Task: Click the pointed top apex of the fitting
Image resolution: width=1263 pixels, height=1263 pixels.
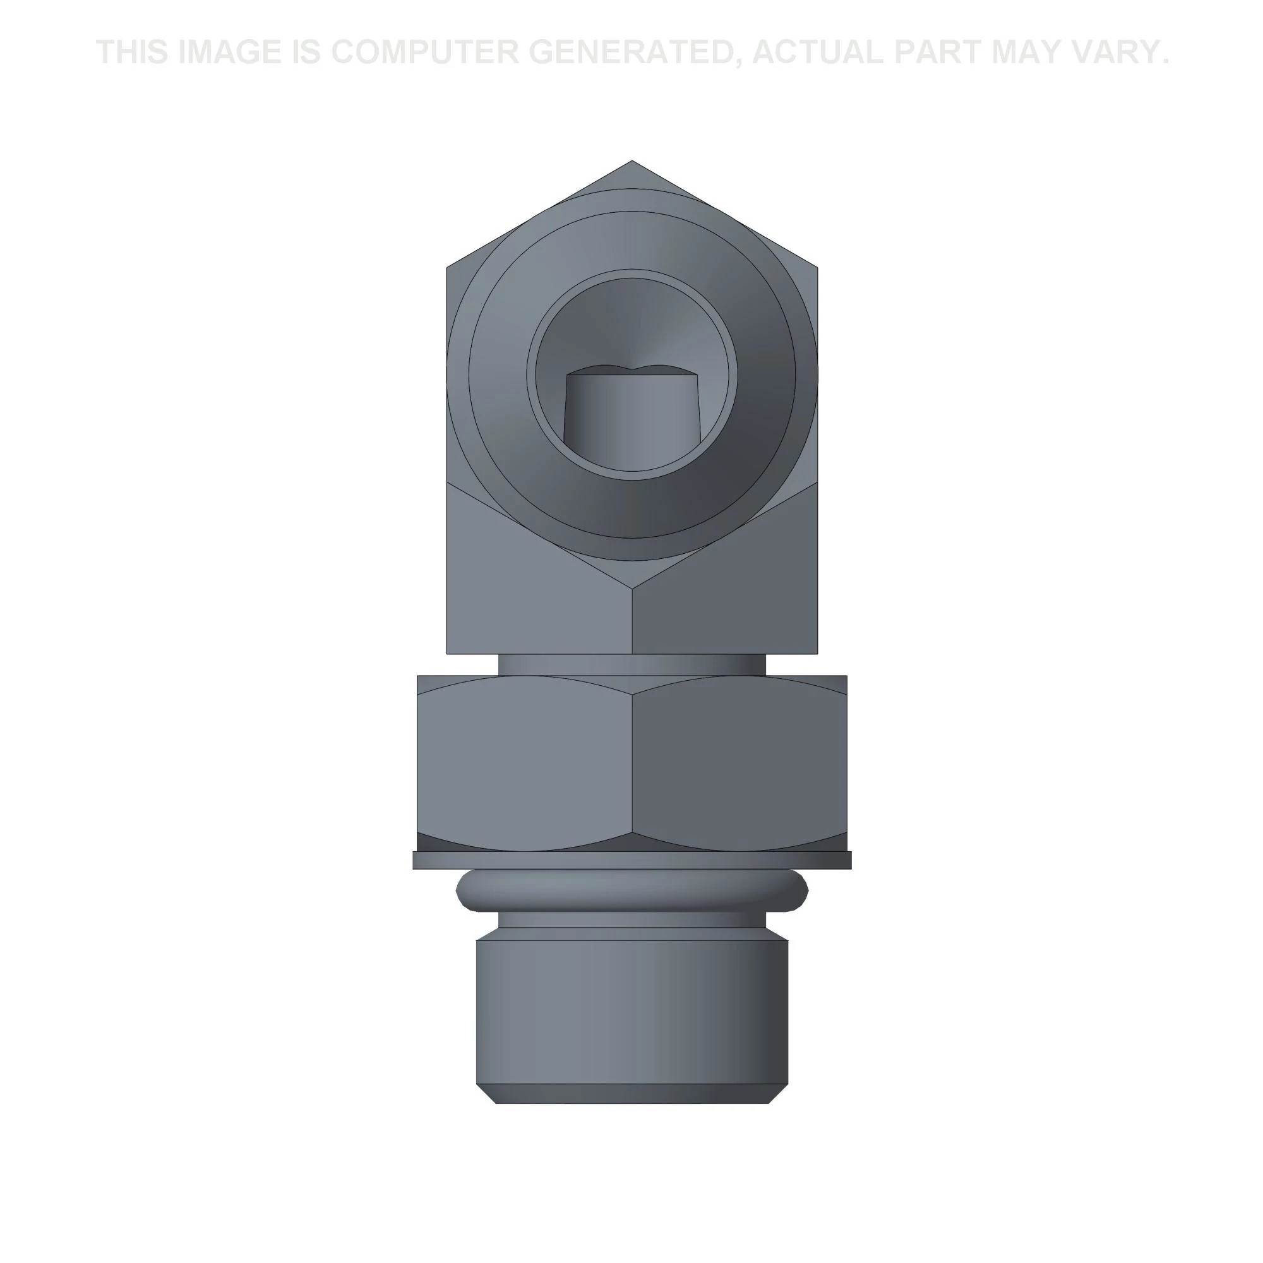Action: tap(631, 161)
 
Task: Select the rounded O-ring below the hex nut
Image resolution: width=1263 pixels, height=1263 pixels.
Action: tap(632, 889)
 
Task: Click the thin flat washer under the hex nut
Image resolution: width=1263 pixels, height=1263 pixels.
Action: tap(632, 859)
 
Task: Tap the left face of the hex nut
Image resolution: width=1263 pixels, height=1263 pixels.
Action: tap(525, 763)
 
